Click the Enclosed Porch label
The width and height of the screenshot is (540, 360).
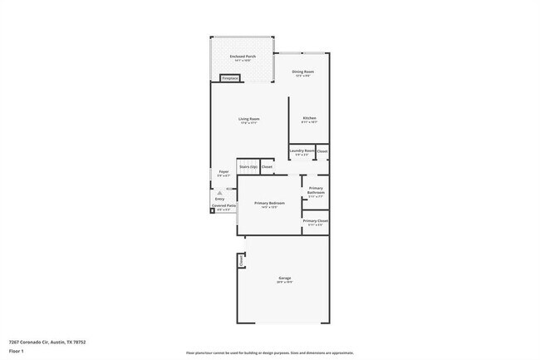(243, 57)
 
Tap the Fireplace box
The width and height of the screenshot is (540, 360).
(229, 78)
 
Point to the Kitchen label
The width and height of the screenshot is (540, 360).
(309, 120)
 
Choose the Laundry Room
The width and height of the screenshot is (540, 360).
(302, 152)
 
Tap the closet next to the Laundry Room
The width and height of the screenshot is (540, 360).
(322, 151)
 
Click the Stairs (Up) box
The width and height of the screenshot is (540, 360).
(248, 166)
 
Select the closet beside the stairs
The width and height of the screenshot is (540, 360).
(267, 166)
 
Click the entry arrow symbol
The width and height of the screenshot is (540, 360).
(220, 192)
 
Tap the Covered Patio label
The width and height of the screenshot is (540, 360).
(225, 206)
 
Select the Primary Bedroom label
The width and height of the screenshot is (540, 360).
(270, 205)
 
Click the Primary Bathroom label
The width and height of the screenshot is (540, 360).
(316, 191)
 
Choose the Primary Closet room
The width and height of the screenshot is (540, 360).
(316, 222)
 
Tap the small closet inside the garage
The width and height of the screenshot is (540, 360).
(241, 260)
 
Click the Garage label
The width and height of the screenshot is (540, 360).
(283, 279)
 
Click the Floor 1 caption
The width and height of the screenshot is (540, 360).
(16, 352)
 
